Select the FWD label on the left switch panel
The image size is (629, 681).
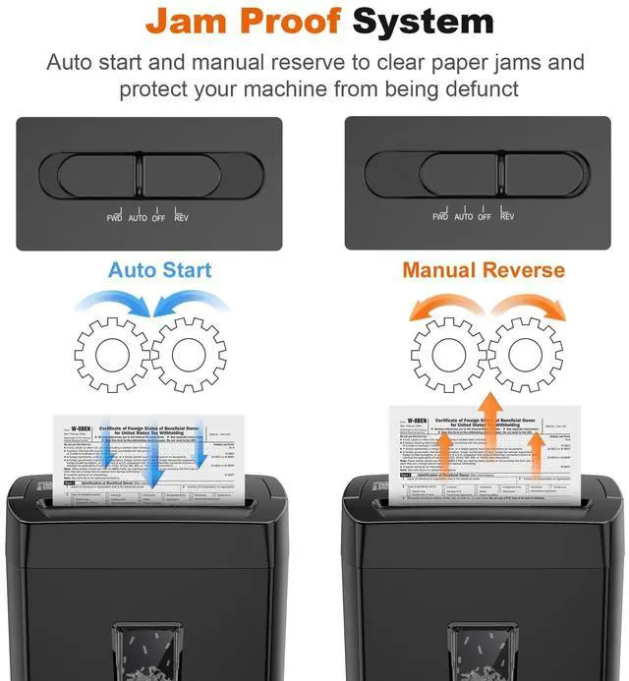coord(115,217)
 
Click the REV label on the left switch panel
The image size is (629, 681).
coord(181,217)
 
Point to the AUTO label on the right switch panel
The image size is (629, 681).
coord(464,217)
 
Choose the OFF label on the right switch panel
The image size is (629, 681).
coord(485,217)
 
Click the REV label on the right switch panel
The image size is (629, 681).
coord(507,217)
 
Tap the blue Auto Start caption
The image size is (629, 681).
coord(160,269)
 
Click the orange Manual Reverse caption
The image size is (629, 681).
coord(484,269)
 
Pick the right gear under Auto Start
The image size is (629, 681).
coord(193,355)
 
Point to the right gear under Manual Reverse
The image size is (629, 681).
coord(524,355)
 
